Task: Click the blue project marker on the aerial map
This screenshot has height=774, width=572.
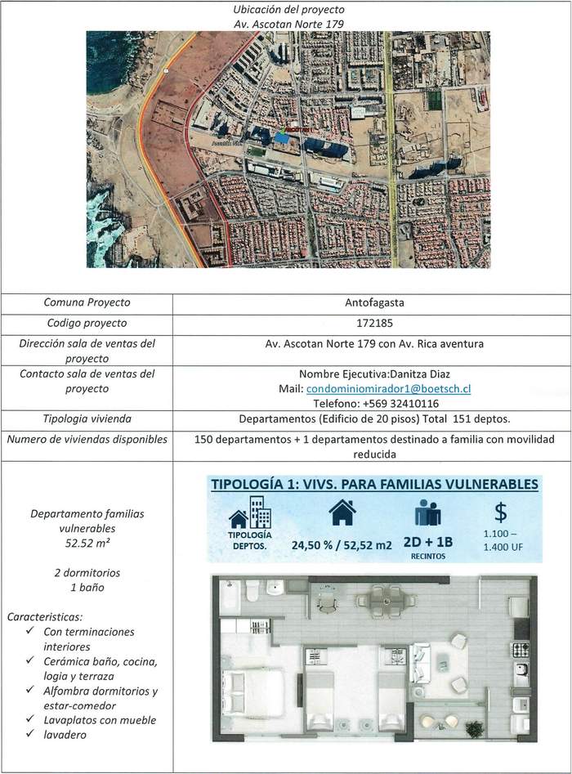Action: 282,138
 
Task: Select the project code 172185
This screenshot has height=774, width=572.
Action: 375,323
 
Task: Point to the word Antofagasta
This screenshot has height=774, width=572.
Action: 375,302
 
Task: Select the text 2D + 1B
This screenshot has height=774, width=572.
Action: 427,543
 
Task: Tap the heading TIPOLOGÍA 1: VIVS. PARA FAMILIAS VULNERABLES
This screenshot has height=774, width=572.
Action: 374,484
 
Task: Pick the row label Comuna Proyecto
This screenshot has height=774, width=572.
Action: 87,302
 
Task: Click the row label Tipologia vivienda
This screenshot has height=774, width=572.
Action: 87,419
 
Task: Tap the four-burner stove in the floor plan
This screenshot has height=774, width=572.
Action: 520,651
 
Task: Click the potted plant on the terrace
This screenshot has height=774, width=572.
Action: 472,727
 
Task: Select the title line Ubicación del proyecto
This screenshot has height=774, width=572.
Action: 288,10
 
